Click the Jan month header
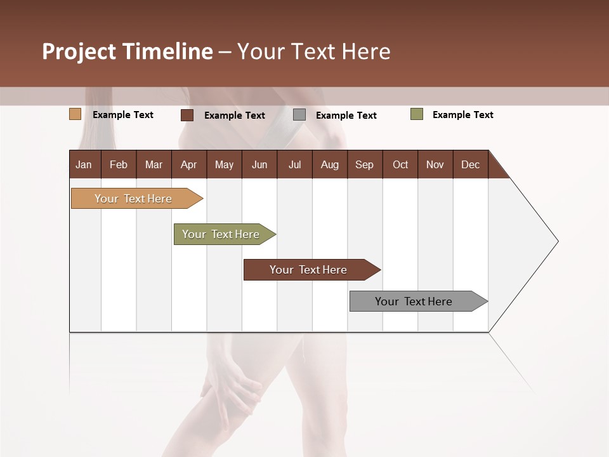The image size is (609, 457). point(84,164)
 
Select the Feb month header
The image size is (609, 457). point(119,164)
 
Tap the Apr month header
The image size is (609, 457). point(188,164)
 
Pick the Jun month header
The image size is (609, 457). point(259,164)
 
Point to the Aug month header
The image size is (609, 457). point(329,164)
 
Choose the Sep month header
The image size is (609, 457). point(364,164)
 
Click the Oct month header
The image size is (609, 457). point(400,164)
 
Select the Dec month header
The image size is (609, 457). point(470,164)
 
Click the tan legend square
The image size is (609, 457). point(75,114)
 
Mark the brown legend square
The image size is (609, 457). point(187,115)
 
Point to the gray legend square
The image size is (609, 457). point(299,115)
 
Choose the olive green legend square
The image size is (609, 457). point(417,114)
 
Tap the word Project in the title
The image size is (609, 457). point(79,51)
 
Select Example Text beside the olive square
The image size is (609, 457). point(462,115)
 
